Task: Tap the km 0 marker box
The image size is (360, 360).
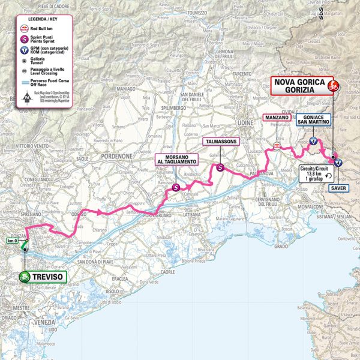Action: click(x=12, y=241)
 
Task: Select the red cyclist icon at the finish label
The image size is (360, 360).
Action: click(x=331, y=86)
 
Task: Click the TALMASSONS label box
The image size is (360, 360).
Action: click(x=221, y=142)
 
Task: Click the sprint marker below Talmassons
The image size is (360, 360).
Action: click(x=220, y=169)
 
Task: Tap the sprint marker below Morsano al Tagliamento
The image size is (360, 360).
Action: click(x=175, y=188)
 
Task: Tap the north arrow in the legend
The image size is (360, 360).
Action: click(x=26, y=97)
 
